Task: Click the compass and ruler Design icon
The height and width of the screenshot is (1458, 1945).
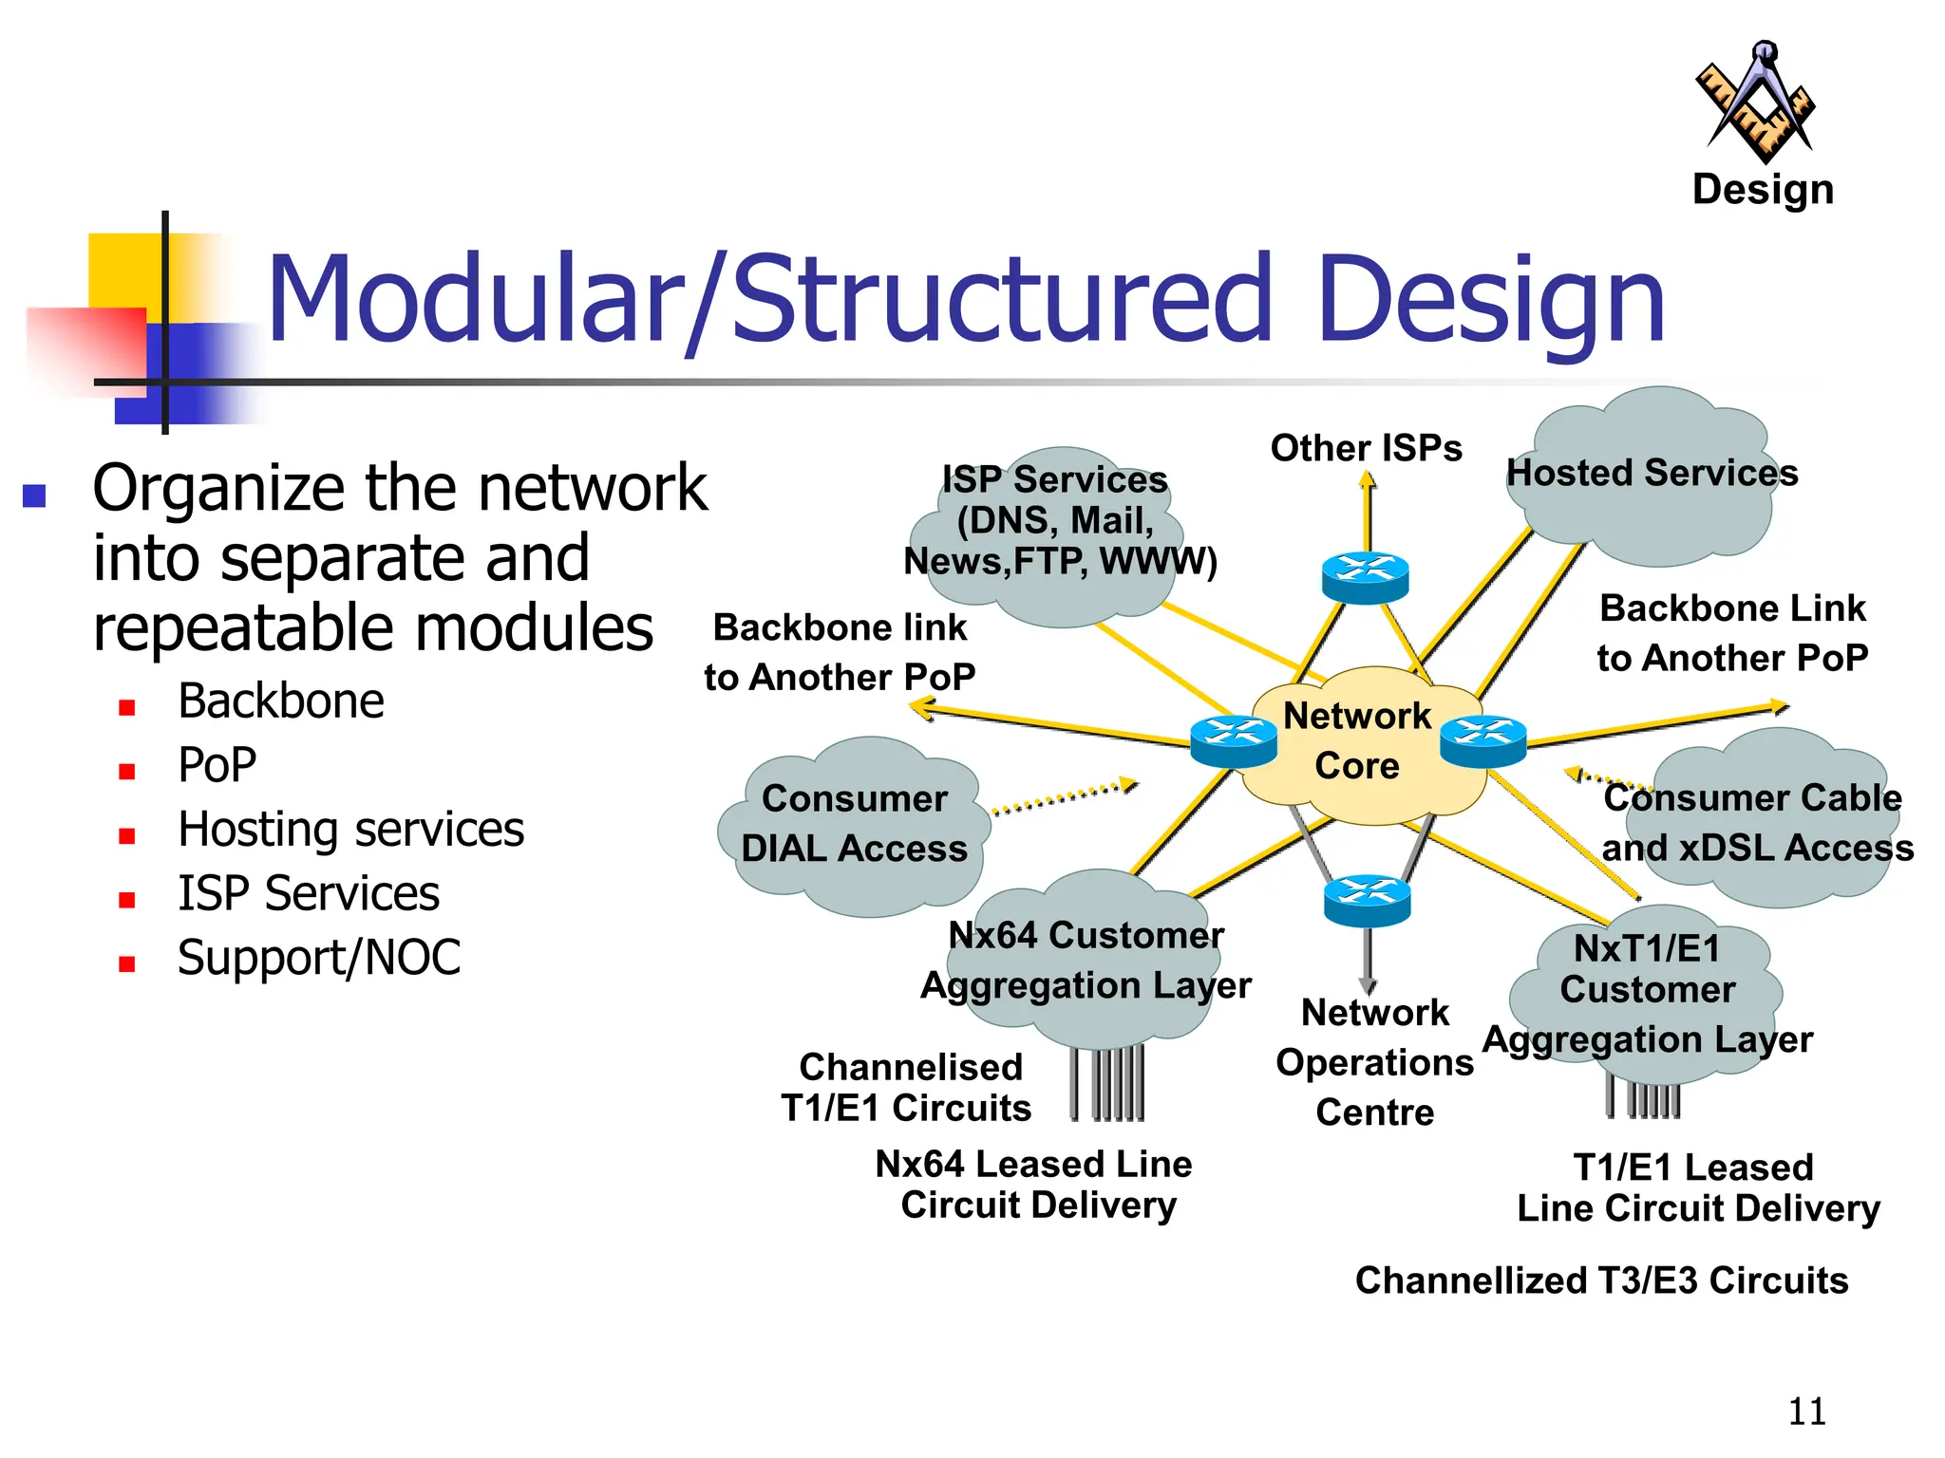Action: [1756, 103]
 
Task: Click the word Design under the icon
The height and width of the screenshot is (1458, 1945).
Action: [1763, 190]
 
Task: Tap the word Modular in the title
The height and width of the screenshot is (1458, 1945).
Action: [475, 298]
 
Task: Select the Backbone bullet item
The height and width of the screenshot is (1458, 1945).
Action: [281, 701]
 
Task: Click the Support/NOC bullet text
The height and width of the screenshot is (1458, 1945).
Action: [319, 957]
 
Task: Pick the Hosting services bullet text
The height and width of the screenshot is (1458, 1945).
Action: [350, 830]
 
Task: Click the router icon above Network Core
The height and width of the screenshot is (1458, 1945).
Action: [1365, 577]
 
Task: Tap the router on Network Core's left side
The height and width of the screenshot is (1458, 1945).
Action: [1233, 740]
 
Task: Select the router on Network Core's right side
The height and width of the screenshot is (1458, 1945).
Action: [1482, 740]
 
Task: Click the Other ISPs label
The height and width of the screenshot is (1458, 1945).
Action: [1366, 448]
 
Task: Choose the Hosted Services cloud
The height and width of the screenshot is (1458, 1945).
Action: [1652, 475]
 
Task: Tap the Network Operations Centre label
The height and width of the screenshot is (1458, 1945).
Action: [1374, 1061]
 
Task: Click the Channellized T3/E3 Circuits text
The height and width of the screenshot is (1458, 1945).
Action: [1601, 1280]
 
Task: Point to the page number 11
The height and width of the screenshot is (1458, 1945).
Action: [1806, 1411]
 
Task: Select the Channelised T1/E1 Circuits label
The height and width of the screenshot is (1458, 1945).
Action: [908, 1087]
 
